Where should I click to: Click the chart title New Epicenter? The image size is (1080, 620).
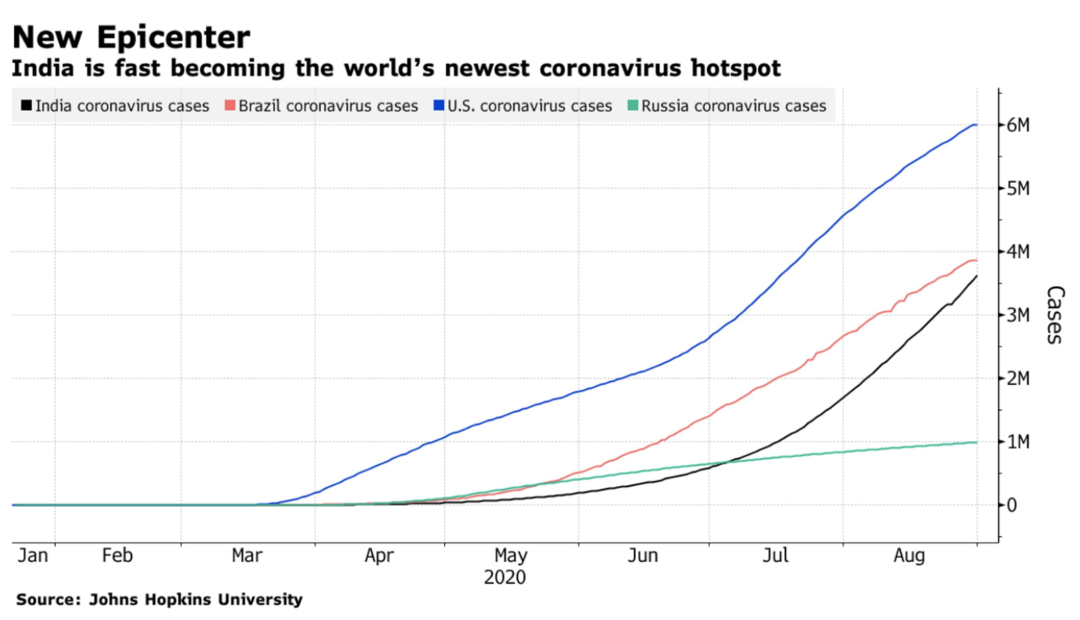[130, 37]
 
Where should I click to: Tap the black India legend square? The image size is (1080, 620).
[26, 105]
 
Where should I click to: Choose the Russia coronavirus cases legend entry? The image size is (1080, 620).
[733, 105]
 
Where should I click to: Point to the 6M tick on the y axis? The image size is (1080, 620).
[1018, 125]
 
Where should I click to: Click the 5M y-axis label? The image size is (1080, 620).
[1018, 188]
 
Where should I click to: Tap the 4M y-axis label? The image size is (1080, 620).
[1018, 252]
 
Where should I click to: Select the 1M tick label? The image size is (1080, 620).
[1018, 442]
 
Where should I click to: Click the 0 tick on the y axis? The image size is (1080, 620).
[1011, 505]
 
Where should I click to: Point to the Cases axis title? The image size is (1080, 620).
[1054, 315]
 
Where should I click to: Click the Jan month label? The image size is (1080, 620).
[33, 556]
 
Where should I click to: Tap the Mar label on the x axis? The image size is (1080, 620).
[247, 556]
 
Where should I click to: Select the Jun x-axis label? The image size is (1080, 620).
[644, 556]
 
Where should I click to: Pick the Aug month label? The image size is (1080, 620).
[909, 556]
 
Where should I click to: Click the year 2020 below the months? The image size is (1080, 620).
[505, 577]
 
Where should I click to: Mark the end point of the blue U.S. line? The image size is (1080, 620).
[976, 125]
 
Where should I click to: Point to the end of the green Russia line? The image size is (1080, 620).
[976, 442]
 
